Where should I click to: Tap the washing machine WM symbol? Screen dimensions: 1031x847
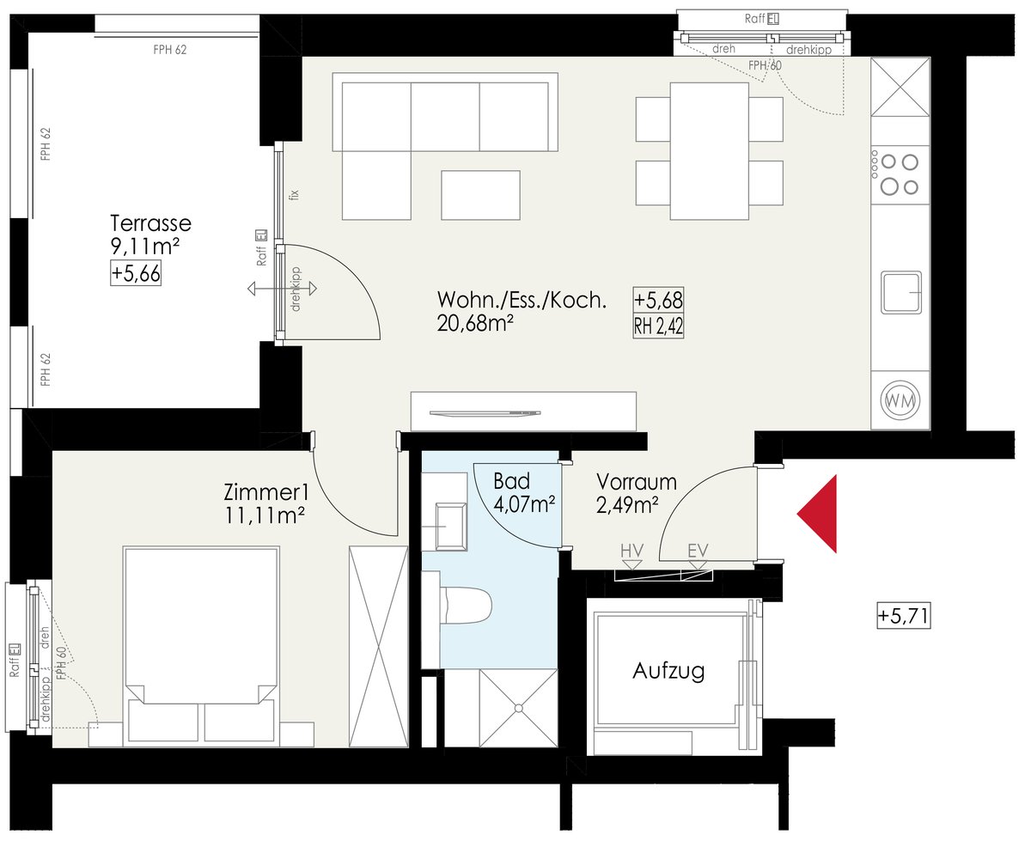[x=900, y=401]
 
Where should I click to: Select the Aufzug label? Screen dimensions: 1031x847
[x=668, y=672]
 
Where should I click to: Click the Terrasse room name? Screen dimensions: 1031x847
[x=150, y=223]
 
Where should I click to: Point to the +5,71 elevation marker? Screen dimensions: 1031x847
[x=903, y=615]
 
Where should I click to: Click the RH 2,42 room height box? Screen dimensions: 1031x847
[x=658, y=326]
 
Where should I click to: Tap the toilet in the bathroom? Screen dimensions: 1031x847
[x=466, y=605]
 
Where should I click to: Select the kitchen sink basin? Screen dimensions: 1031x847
[x=901, y=292]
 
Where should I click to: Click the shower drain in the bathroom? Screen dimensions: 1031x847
[x=519, y=708]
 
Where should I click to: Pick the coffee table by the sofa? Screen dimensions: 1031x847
[x=480, y=195]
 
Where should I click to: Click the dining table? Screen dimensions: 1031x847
[x=710, y=151]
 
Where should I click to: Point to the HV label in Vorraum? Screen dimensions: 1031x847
[x=631, y=551]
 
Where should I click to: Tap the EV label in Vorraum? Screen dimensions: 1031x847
[x=698, y=551]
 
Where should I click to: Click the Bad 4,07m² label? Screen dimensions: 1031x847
[x=523, y=493]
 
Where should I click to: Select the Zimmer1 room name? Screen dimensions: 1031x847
[x=266, y=492]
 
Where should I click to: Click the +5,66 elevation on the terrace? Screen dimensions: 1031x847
[x=136, y=273]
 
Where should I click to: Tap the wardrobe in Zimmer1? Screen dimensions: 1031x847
[x=378, y=647]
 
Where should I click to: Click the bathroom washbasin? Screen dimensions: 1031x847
[x=450, y=527]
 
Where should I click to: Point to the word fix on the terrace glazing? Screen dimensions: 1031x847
[x=294, y=195]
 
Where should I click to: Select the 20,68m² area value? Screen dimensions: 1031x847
[x=475, y=324]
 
